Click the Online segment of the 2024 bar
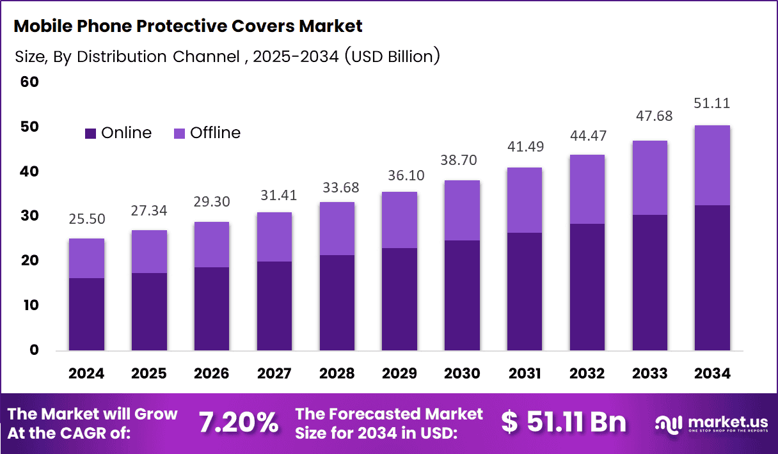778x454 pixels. tap(86, 314)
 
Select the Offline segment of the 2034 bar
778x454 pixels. tap(712, 165)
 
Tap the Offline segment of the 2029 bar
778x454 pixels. tap(399, 220)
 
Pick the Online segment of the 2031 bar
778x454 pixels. tap(524, 291)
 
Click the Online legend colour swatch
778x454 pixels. tap(90, 133)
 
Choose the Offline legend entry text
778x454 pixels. tap(215, 133)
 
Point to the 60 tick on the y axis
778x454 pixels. tap(29, 82)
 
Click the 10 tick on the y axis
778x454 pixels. tap(29, 306)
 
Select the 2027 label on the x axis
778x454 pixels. tap(274, 373)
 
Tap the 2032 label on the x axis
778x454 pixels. tap(587, 373)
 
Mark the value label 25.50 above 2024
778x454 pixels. tap(86, 219)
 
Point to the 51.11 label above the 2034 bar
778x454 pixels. tap(712, 104)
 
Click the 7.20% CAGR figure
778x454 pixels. tap(238, 423)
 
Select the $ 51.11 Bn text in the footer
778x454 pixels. tap(564, 422)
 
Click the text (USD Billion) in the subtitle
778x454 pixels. tap(392, 56)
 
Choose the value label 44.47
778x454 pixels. tap(587, 136)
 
